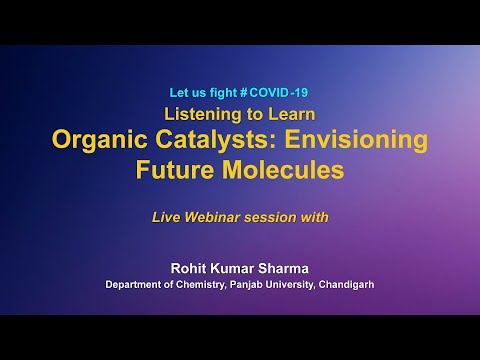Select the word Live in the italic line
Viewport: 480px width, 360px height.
[x=167, y=215]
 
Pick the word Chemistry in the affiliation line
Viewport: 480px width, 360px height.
[x=209, y=284]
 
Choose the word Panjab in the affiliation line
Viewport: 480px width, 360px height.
[x=262, y=284]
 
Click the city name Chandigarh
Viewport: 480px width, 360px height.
[x=344, y=284]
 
